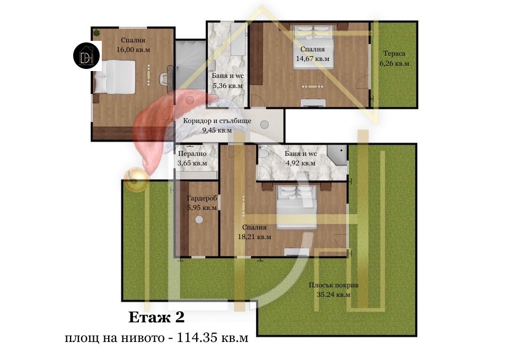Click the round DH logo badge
pyautogui.click(x=87, y=56)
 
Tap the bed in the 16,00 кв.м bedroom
pyautogui.click(x=115, y=77)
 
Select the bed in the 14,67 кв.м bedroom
pyautogui.click(x=313, y=47)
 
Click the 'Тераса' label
pyautogui.click(x=394, y=54)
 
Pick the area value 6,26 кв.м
pyautogui.click(x=394, y=63)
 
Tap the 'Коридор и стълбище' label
pyautogui.click(x=217, y=121)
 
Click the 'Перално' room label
pyautogui.click(x=192, y=154)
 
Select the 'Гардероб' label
pyautogui.click(x=202, y=198)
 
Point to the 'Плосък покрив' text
pyautogui.click(x=334, y=285)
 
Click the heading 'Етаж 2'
pyautogui.click(x=156, y=317)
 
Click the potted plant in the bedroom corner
pyautogui.click(x=96, y=32)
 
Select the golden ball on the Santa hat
pyautogui.click(x=136, y=180)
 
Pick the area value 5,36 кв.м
pyautogui.click(x=227, y=86)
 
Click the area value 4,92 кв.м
pyautogui.click(x=301, y=163)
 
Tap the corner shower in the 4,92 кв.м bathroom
pyautogui.click(x=337, y=155)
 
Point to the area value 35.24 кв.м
pyautogui.click(x=334, y=295)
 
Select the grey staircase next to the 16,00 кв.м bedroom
pyautogui.click(x=190, y=65)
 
